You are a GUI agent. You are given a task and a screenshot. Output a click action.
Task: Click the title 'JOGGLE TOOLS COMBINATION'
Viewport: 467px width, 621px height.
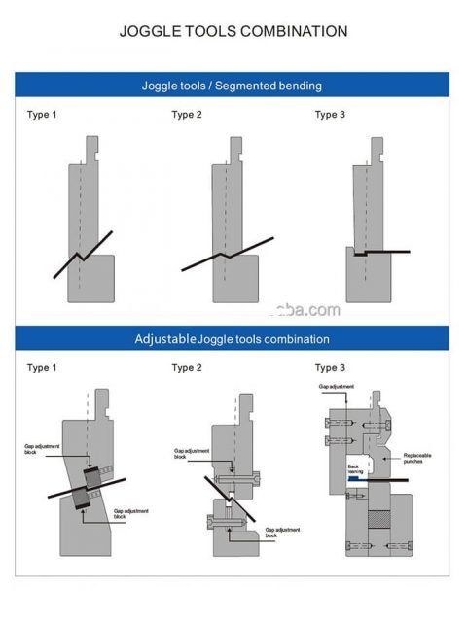point(233,31)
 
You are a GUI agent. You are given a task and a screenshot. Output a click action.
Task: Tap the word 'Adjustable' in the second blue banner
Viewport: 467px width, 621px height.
point(165,339)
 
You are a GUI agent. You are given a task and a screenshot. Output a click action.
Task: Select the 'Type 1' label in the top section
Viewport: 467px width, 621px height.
point(41,115)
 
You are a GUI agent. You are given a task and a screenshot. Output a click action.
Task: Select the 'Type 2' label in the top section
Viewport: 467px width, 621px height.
point(187,115)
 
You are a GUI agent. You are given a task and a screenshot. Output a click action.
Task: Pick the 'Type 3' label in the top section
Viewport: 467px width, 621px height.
point(330,115)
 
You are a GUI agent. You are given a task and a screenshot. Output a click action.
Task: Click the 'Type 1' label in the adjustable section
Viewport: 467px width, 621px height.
point(41,368)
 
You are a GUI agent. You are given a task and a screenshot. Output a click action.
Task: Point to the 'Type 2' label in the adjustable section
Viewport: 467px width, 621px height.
point(187,368)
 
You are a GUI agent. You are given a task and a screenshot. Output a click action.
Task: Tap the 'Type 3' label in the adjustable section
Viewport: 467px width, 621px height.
point(330,368)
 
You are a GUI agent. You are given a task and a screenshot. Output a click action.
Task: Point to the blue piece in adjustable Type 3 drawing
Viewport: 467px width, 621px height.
point(357,479)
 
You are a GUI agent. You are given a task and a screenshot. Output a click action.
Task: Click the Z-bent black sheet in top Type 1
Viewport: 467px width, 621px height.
point(83,256)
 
